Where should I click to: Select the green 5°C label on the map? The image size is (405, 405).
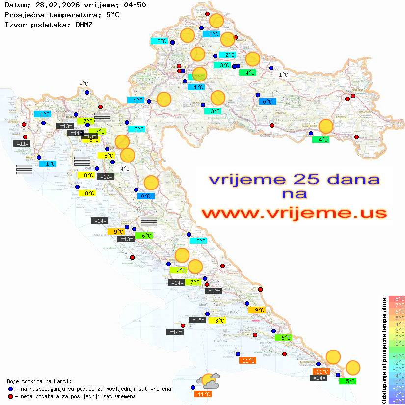tap(350, 381)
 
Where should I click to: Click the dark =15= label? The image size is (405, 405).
tap(197, 320)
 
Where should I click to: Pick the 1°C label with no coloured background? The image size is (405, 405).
tap(283, 75)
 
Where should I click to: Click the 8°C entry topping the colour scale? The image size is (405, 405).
tap(397, 299)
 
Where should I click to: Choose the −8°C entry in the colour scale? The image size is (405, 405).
tap(397, 401)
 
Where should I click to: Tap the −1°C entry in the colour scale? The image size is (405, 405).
tap(397, 356)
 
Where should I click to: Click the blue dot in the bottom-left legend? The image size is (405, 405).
tap(10, 389)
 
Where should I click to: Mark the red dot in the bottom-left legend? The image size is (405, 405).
tap(10, 396)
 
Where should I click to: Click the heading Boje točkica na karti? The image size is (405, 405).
tap(39, 381)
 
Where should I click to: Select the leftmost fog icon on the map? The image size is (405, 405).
tap(24, 169)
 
